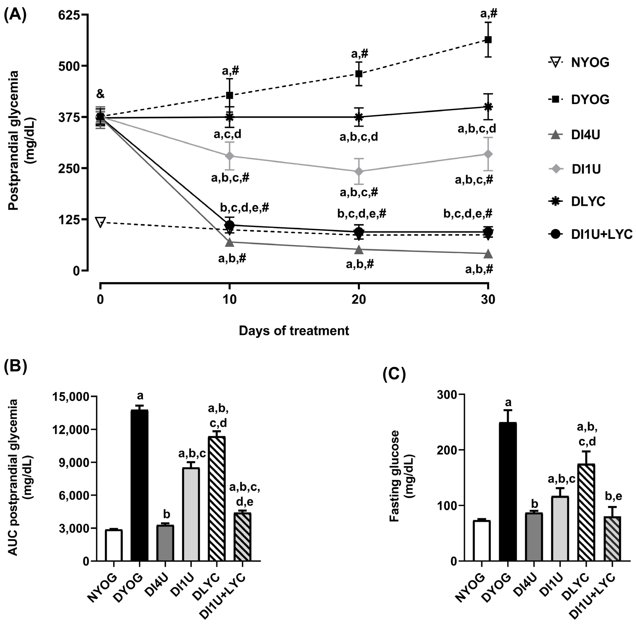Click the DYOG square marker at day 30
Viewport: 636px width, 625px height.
pos(488,40)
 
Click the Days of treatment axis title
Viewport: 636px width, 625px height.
pos(294,331)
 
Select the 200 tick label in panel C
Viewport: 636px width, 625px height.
pos(448,450)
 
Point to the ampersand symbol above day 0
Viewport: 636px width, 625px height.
pos(100,94)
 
